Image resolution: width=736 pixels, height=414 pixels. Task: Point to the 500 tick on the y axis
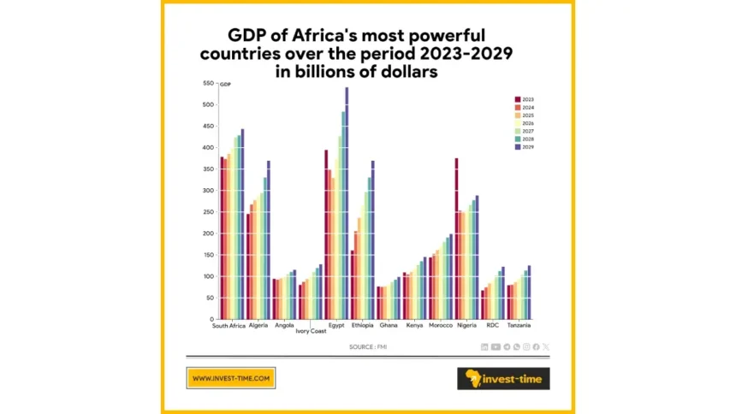pyautogui.click(x=207, y=104)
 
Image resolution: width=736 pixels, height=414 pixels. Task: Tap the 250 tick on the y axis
pyautogui.click(x=207, y=212)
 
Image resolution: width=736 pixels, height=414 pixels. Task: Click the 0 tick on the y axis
pyautogui.click(x=211, y=319)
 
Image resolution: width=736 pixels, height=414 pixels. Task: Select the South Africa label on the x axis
pyautogui.click(x=230, y=326)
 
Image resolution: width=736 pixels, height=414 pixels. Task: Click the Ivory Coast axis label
pyautogui.click(x=311, y=331)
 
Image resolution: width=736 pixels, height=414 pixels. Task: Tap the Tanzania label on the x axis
pyautogui.click(x=518, y=326)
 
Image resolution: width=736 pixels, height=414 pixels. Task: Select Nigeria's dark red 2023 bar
pyautogui.click(x=457, y=240)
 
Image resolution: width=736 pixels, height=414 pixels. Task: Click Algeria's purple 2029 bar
pyautogui.click(x=268, y=240)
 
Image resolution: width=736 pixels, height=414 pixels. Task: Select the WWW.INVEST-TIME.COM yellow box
pyautogui.click(x=230, y=378)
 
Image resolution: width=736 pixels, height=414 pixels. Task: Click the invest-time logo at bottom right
pyautogui.click(x=503, y=378)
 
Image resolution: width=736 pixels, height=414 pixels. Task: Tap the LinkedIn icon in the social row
pyautogui.click(x=485, y=346)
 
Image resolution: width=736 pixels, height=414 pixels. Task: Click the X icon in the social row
pyautogui.click(x=546, y=346)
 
